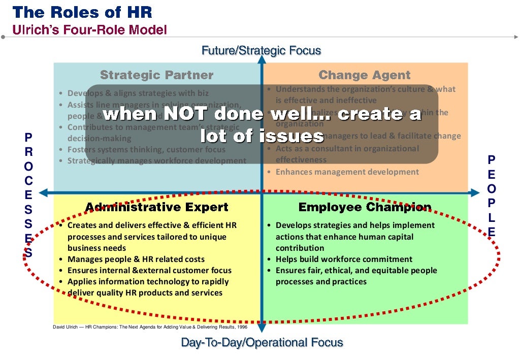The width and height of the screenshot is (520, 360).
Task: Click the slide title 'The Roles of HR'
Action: (x=82, y=12)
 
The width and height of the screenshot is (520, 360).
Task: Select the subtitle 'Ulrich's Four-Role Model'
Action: (x=90, y=29)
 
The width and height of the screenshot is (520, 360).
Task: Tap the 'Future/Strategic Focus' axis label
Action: (x=261, y=50)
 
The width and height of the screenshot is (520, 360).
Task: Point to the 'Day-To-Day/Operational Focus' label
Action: (x=262, y=343)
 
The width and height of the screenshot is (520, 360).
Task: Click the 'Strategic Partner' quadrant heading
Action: (x=156, y=75)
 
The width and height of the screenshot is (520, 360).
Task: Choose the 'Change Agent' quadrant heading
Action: (x=364, y=75)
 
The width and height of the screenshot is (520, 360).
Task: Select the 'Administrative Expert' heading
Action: (x=156, y=207)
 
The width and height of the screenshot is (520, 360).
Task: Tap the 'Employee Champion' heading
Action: (x=365, y=207)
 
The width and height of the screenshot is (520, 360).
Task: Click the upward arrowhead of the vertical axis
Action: (x=262, y=59)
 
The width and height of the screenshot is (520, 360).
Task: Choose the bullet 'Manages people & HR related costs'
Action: (x=136, y=259)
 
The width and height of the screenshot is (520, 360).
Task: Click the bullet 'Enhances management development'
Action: (x=347, y=172)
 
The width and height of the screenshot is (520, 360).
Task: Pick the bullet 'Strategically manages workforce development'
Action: (x=156, y=160)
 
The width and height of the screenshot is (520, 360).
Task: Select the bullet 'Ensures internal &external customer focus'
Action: (x=149, y=270)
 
